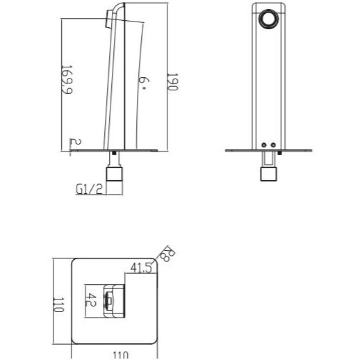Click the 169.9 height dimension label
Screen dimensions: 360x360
(x=67, y=80)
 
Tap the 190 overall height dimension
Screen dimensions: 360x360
(x=172, y=82)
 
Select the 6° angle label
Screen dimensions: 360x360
(x=144, y=83)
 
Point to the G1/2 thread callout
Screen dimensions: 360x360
(x=89, y=189)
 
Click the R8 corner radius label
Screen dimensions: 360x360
(x=168, y=254)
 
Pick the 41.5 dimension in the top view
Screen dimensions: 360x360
(x=141, y=268)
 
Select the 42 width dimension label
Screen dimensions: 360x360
(x=91, y=300)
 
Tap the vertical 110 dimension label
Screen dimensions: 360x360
(x=58, y=305)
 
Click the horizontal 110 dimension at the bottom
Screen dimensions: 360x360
(x=120, y=355)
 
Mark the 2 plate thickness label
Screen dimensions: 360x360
(x=75, y=142)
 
